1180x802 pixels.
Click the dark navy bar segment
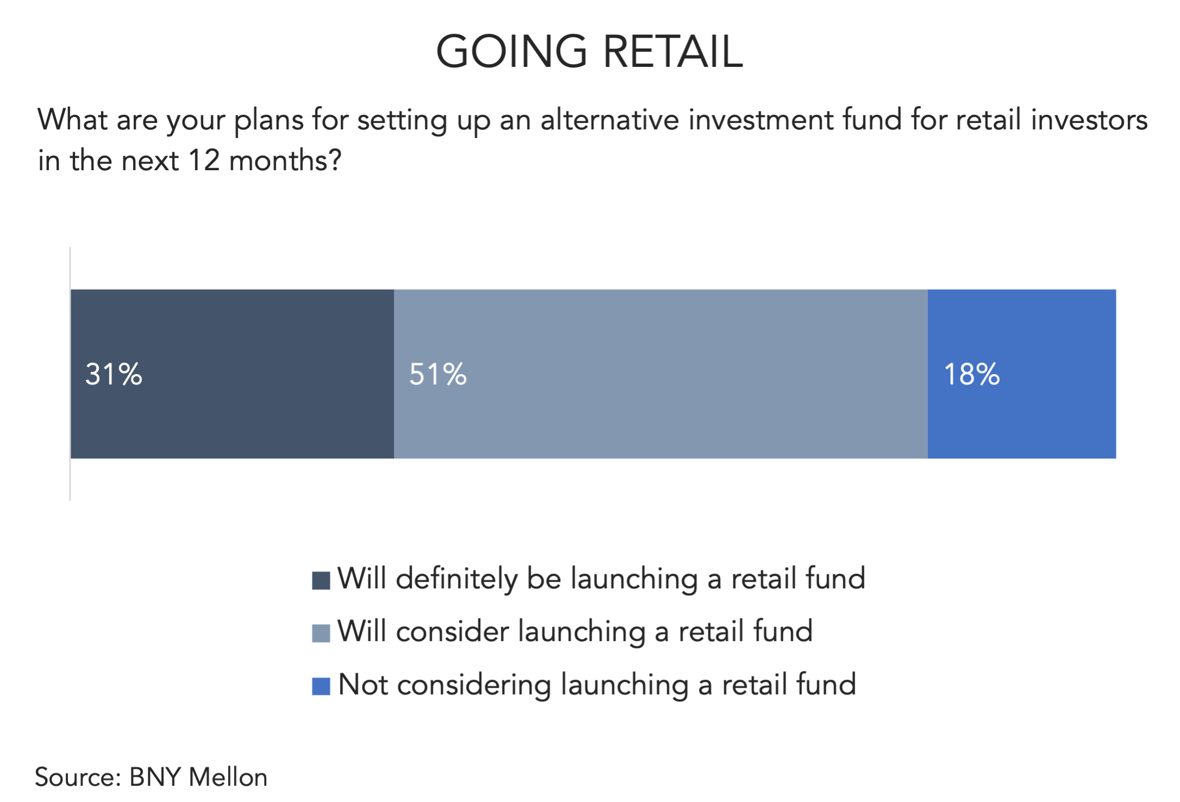click(232, 374)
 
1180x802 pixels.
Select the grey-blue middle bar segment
click(661, 374)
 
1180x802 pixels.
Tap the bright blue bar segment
click(1022, 374)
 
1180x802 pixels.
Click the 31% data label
click(114, 375)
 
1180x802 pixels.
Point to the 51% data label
click(438, 375)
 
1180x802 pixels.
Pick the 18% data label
click(972, 375)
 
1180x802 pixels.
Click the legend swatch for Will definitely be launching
click(321, 580)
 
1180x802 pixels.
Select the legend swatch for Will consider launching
click(321, 633)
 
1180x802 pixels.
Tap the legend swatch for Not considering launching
click(321, 686)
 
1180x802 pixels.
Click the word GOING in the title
click(512, 52)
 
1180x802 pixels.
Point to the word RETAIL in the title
click(673, 52)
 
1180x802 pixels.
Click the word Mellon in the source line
click(228, 778)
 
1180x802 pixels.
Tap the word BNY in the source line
click(154, 778)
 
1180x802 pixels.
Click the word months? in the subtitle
click(285, 161)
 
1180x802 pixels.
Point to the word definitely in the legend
click(457, 579)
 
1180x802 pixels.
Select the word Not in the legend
click(363, 685)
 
